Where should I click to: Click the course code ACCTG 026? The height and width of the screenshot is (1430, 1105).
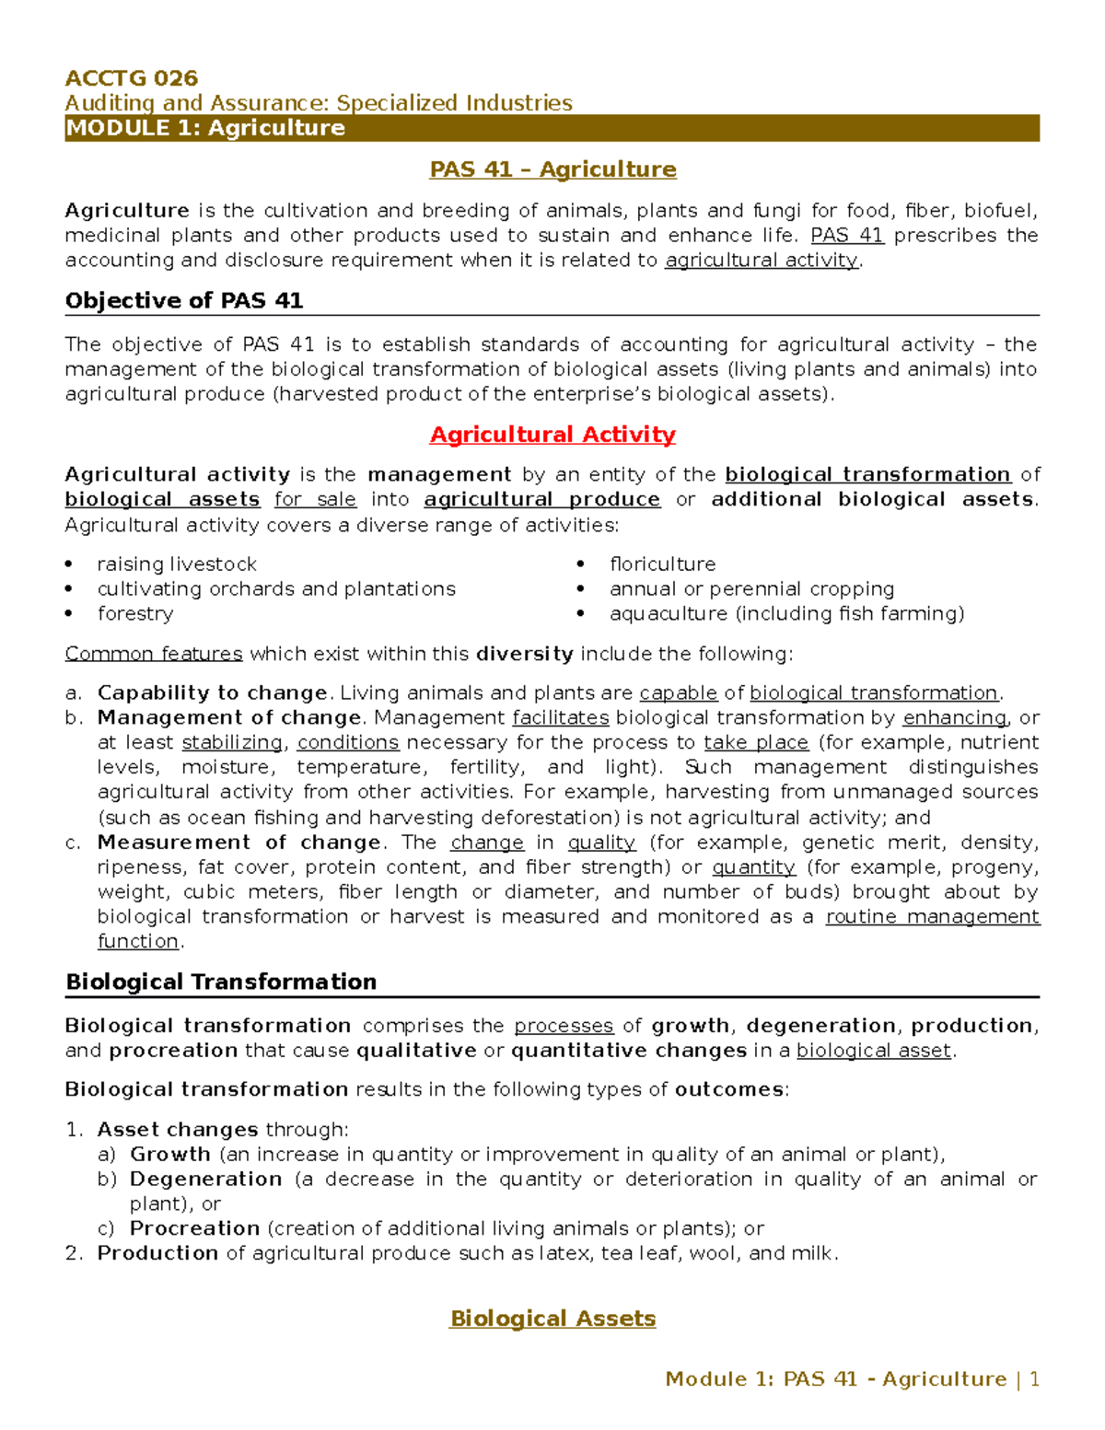coord(131,78)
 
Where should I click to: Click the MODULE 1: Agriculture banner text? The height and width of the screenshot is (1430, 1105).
coord(204,128)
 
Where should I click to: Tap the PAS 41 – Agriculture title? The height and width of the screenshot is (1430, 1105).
coord(552,169)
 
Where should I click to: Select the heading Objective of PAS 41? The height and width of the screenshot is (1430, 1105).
coord(183,301)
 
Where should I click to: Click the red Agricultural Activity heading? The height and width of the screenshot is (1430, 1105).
coord(552,435)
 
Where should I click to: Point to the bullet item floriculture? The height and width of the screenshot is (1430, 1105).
coord(661,564)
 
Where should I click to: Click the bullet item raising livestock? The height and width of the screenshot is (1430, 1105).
coord(177,564)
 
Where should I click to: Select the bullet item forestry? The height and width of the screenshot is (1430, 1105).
coord(134,614)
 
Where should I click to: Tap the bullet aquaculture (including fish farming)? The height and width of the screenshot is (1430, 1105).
coord(785,614)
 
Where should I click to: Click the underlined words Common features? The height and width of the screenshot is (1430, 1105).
coord(153,655)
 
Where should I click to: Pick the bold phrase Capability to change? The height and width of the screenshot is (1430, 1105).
coord(212,693)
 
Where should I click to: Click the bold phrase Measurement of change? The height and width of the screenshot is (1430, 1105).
coord(238,843)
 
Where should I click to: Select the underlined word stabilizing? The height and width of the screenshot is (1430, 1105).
coord(232,743)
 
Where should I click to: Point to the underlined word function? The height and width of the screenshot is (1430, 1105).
coord(138,942)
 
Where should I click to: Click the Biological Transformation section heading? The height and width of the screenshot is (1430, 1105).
coord(221,982)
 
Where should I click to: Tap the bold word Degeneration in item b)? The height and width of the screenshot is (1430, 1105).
coord(205,1180)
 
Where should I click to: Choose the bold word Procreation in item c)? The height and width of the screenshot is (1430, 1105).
coord(194,1229)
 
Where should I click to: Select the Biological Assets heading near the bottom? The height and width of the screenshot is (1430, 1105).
coord(552,1320)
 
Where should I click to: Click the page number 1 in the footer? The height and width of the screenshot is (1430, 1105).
coord(1034,1379)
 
